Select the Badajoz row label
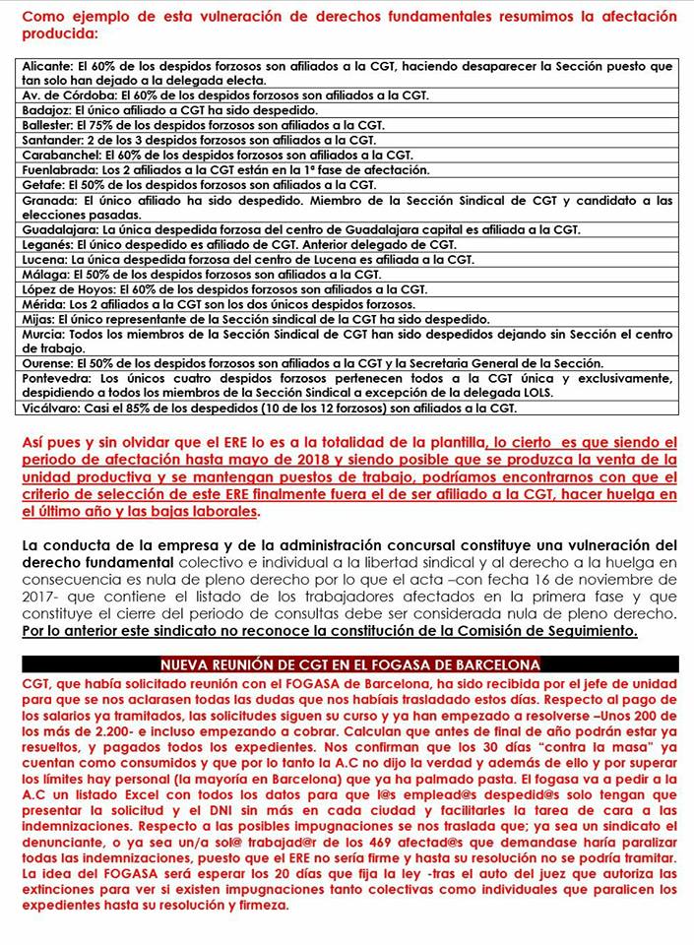point(44,110)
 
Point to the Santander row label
point(50,140)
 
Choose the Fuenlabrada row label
point(56,169)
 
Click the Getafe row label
point(40,184)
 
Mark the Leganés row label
point(45,243)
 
